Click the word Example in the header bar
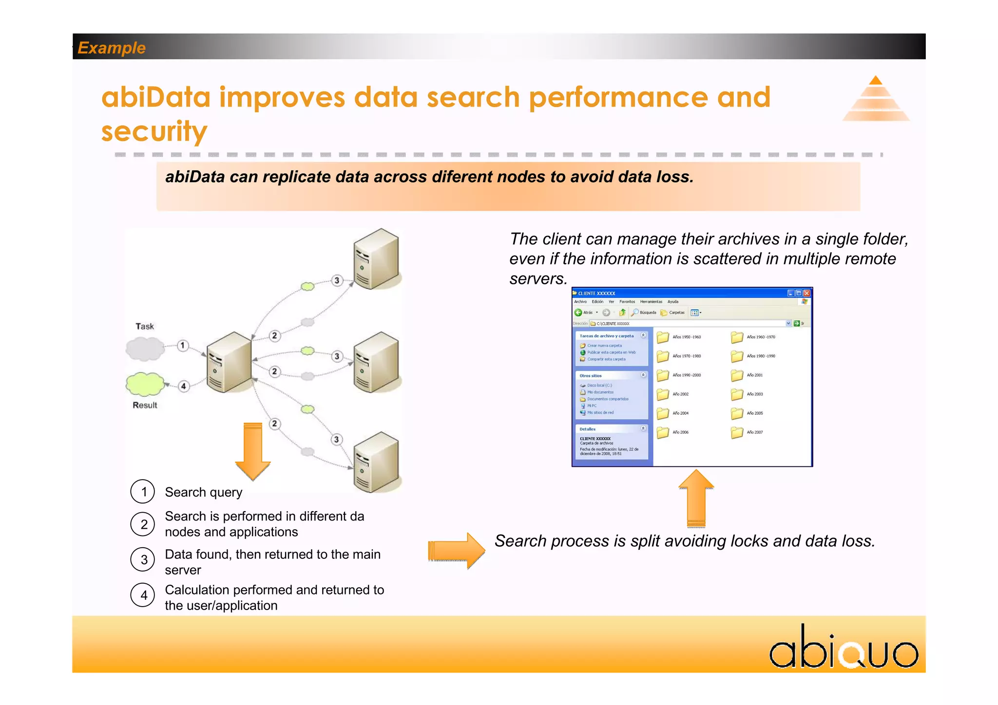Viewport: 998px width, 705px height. (x=112, y=48)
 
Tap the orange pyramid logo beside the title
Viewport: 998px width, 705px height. (x=876, y=100)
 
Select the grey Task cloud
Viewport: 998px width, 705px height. (x=145, y=348)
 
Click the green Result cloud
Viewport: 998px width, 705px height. (x=144, y=384)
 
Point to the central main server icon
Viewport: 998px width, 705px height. (x=229, y=362)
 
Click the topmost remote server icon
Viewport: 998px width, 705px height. (x=376, y=259)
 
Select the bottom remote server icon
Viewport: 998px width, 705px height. (x=376, y=463)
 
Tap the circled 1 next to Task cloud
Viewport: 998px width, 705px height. (x=182, y=346)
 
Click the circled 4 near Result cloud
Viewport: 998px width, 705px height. (x=183, y=386)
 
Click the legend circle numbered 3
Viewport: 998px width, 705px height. (x=143, y=559)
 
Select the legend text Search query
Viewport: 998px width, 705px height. (x=203, y=492)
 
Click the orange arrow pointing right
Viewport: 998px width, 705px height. (x=456, y=551)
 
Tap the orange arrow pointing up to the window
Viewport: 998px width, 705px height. (x=696, y=499)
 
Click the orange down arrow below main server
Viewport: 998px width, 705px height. (x=253, y=451)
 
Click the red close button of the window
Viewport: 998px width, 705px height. (x=806, y=293)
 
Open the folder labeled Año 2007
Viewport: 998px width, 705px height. (x=737, y=432)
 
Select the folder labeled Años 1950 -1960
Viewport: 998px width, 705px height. (x=663, y=337)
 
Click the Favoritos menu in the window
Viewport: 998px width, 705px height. (x=627, y=302)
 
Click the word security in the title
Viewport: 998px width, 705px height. (x=154, y=131)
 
